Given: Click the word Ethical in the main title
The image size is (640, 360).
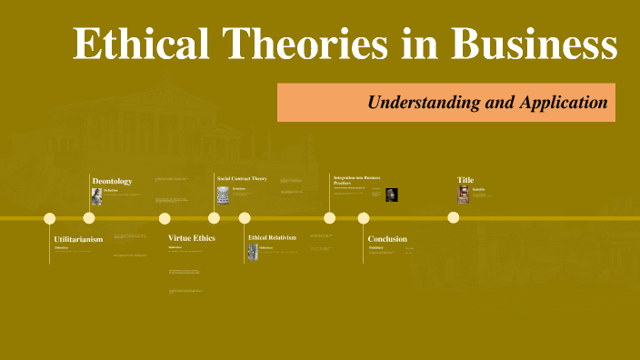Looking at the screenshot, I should click(134, 45).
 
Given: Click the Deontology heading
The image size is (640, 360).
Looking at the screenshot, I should click(112, 181).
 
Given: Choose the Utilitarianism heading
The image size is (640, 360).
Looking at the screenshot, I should click(78, 239).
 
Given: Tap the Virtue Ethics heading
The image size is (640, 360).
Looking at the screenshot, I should click(192, 238).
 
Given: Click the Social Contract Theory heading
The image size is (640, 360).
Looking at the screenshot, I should click(242, 178).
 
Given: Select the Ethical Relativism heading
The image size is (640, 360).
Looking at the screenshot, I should click(273, 238).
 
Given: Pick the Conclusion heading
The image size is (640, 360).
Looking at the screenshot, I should click(387, 239).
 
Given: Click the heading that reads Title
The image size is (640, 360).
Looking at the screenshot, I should click(465, 180).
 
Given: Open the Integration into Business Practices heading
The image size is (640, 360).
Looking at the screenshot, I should click(356, 180).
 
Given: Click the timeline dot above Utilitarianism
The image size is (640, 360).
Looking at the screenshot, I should click(50, 218).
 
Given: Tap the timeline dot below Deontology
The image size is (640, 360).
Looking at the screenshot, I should click(89, 218).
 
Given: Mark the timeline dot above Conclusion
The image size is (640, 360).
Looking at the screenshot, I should click(364, 218).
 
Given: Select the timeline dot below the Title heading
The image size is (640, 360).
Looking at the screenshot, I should click(454, 218).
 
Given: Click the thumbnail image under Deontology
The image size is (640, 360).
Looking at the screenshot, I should click(96, 196).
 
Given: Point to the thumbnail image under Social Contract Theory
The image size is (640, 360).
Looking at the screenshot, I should click(223, 195).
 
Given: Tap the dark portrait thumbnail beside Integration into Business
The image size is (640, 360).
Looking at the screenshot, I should click(392, 195).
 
